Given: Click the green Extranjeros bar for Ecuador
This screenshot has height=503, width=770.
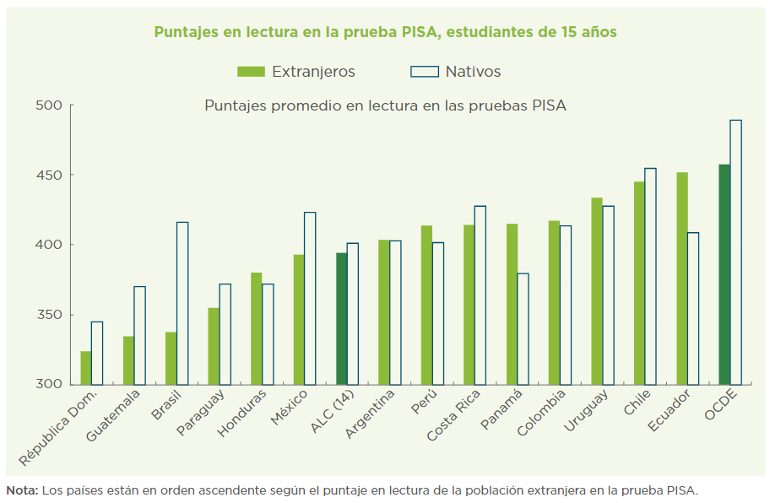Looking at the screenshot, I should click(x=682, y=279).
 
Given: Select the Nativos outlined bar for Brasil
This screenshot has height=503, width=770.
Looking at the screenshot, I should click(x=182, y=303).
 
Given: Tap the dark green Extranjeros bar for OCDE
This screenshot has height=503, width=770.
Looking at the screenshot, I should click(x=724, y=274).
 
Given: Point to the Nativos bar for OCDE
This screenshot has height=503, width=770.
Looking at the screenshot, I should click(x=736, y=252).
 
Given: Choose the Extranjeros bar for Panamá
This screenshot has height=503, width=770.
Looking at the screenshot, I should click(x=512, y=304).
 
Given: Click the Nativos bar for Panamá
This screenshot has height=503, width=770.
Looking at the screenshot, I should click(x=523, y=329).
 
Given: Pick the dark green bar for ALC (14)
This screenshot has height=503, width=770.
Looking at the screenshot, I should click(x=341, y=318).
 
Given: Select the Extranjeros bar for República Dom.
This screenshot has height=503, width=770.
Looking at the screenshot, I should click(x=86, y=367).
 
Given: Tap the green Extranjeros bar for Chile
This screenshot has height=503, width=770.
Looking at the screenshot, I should click(x=640, y=283).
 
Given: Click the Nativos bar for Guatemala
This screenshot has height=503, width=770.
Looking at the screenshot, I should click(x=139, y=335).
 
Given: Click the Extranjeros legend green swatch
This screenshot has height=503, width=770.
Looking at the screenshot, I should click(x=251, y=72).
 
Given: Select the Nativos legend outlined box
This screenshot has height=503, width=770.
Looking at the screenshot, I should click(x=425, y=72).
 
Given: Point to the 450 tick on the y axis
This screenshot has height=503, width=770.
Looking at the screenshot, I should click(x=72, y=175).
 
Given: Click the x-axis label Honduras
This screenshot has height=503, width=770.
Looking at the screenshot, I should click(x=242, y=413).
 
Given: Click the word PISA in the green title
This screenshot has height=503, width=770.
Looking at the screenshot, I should click(x=416, y=32).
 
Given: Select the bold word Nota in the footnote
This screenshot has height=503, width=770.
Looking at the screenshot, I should click(x=21, y=489).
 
